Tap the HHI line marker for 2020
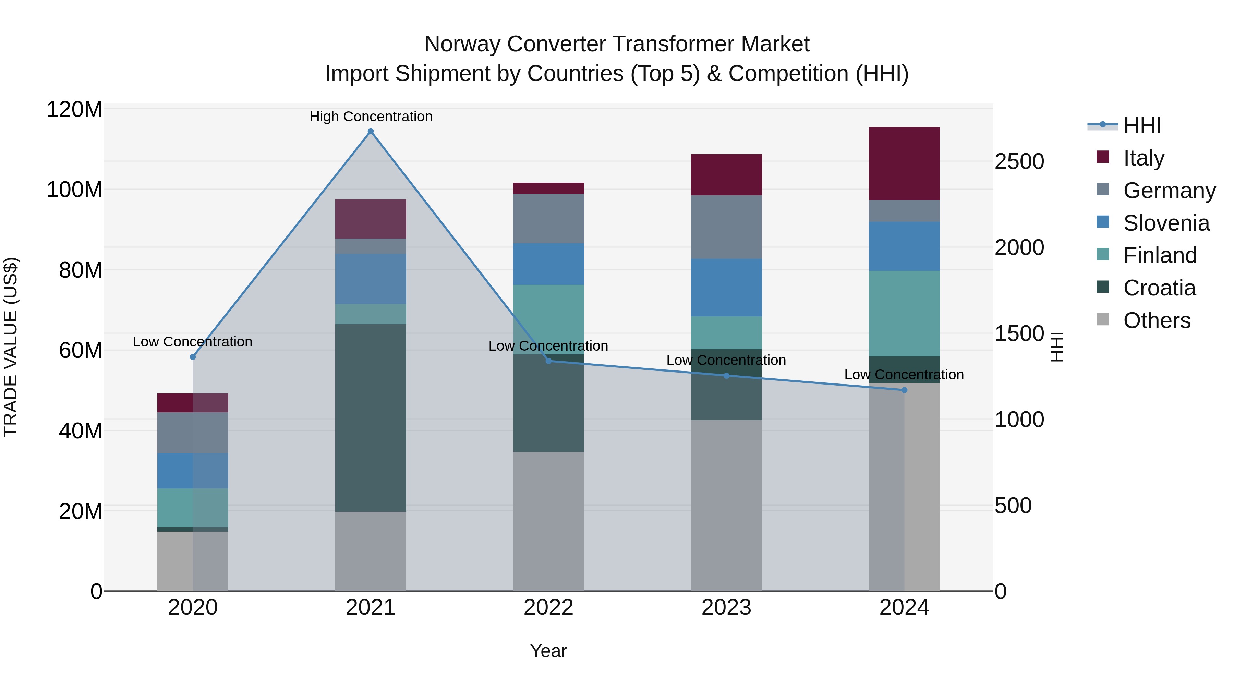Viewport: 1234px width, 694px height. coord(193,357)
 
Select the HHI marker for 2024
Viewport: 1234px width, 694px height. coord(904,390)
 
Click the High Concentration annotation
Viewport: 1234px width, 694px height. coord(371,117)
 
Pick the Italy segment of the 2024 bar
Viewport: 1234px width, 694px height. coord(904,163)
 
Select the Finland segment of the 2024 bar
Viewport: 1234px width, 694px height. coord(904,313)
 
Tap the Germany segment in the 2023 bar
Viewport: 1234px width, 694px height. coord(726,227)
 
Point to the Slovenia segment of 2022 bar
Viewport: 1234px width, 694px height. coord(548,264)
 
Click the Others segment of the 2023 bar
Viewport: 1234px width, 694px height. coord(726,505)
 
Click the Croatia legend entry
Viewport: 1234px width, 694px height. coord(1159,288)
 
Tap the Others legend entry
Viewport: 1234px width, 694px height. coord(1157,320)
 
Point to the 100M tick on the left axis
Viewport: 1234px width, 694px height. coord(74,190)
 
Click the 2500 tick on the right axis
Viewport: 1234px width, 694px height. coord(1019,161)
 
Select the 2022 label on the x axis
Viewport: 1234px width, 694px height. coord(548,607)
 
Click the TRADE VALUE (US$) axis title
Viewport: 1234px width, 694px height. coord(11,347)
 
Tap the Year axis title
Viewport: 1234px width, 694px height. coord(548,651)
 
